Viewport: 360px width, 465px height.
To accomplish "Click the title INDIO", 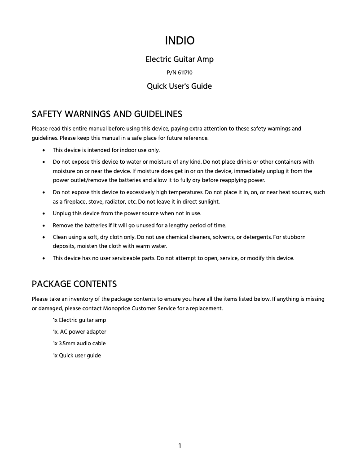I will click(180, 41).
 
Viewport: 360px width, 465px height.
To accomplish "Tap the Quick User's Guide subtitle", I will click(180, 86).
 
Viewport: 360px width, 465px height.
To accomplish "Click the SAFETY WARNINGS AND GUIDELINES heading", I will click(107, 113).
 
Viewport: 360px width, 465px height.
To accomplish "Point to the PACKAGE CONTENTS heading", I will click(74, 284).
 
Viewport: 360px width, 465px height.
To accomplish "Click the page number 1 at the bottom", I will click(180, 445).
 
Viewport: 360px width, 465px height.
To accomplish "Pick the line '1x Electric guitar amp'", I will click(79, 320).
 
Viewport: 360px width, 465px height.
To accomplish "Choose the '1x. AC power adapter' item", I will click(79, 332).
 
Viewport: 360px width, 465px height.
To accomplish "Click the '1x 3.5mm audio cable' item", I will click(79, 343).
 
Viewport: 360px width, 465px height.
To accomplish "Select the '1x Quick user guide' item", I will click(77, 356).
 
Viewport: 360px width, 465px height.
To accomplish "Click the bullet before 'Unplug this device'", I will click(43, 213).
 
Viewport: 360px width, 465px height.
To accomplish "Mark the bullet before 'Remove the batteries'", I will click(43, 226).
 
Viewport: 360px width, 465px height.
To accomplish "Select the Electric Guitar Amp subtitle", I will click(180, 59).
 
